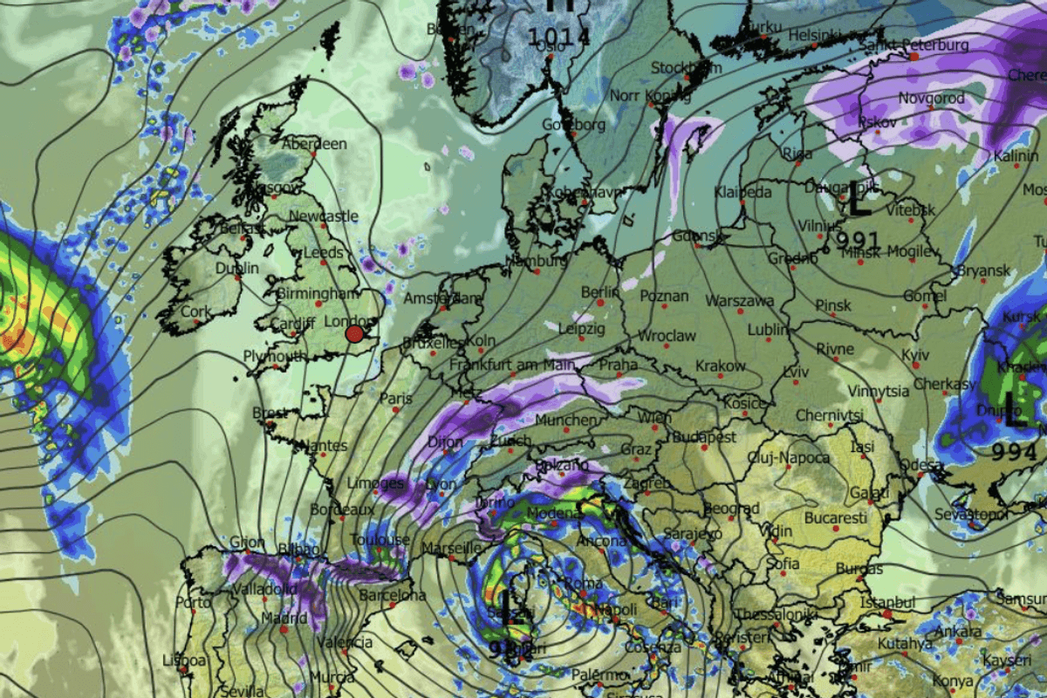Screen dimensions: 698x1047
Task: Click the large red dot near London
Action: (x=354, y=333)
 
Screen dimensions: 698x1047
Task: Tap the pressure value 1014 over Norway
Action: (x=559, y=38)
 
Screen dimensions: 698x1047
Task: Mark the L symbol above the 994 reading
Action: (x=1015, y=410)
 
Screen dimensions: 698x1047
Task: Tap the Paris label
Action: (x=396, y=398)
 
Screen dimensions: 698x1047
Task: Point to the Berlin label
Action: (x=599, y=291)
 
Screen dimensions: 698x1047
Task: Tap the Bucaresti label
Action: (x=837, y=518)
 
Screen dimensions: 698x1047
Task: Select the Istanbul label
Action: (x=886, y=603)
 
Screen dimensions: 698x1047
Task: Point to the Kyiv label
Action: (x=915, y=355)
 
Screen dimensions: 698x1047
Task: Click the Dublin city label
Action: (x=236, y=268)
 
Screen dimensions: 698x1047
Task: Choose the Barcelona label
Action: (x=393, y=596)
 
